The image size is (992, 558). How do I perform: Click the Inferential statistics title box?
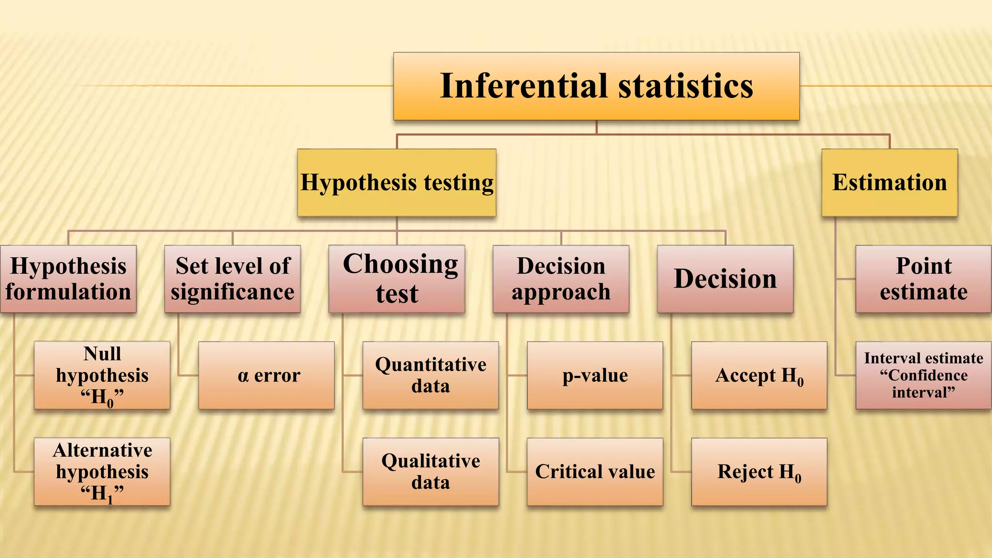coord(596,86)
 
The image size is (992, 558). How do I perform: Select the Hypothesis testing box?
coord(396,183)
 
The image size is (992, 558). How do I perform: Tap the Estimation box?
coord(889,183)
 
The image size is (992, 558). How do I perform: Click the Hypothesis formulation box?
coord(68,279)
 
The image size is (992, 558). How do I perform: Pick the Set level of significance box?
coord(232,279)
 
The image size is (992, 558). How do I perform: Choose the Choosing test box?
coord(396,279)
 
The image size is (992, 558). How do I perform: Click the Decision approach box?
coord(561,279)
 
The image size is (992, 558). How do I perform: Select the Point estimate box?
coord(923,279)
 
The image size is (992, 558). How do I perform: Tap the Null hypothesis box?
coord(102,375)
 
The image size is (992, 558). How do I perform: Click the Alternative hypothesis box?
coord(102,472)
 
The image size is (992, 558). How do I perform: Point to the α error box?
coord(266,375)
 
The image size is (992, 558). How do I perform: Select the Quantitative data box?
coord(431,375)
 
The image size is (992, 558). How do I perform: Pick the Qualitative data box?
coord(431,472)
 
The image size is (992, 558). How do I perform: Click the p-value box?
coord(595,375)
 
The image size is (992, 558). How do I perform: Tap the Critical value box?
coord(595,472)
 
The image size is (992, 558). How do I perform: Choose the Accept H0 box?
coord(759,375)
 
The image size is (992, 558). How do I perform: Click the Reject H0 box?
coord(759,472)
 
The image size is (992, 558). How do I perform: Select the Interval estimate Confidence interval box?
coord(923,375)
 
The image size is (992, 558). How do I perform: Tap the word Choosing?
coord(400,264)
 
